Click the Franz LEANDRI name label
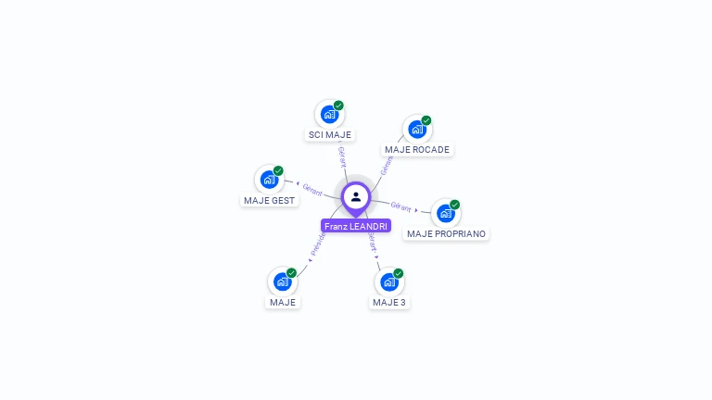pyautogui.click(x=356, y=226)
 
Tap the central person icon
pyautogui.click(x=356, y=196)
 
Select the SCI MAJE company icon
pyautogui.click(x=328, y=114)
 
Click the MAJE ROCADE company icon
pyautogui.click(x=416, y=129)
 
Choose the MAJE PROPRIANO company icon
pyautogui.click(x=445, y=213)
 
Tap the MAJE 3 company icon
pyautogui.click(x=388, y=281)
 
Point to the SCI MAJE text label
pyautogui.click(x=329, y=135)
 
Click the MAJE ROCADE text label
pyautogui.click(x=417, y=149)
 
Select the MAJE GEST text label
pyautogui.click(x=269, y=200)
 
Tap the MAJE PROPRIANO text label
pyautogui.click(x=446, y=233)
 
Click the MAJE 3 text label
pyautogui.click(x=389, y=302)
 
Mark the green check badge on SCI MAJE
pyautogui.click(x=338, y=106)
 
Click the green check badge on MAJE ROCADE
pyautogui.click(x=426, y=120)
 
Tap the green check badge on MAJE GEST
pyautogui.click(x=278, y=171)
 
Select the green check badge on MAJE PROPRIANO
pyautogui.click(x=455, y=205)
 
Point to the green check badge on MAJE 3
pyautogui.click(x=399, y=273)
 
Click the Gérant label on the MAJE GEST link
pyautogui.click(x=311, y=189)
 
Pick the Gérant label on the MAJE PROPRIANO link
pyautogui.click(x=401, y=206)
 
